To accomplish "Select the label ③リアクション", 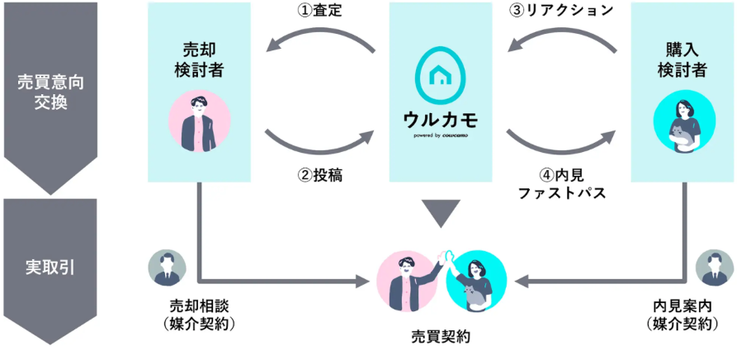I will click(561, 11).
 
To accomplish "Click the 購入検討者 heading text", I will click(682, 59).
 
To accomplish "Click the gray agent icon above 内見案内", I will click(714, 268).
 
